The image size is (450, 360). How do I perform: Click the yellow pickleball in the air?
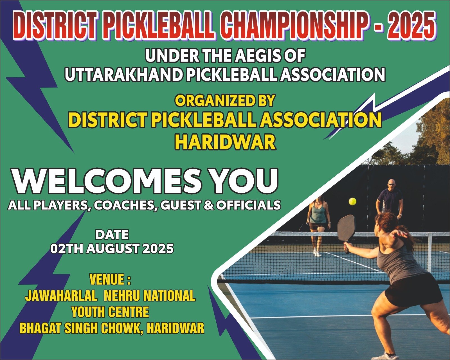pyautogui.click(x=352, y=202)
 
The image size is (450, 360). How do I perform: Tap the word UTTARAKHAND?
pyautogui.click(x=124, y=75)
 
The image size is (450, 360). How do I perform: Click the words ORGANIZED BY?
pyautogui.click(x=225, y=101)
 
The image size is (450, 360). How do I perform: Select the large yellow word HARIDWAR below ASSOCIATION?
pyautogui.click(x=225, y=142)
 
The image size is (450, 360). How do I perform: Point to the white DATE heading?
pyautogui.click(x=112, y=235)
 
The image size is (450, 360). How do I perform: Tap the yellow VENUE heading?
pyautogui.click(x=110, y=280)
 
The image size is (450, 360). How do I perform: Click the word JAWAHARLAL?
pyautogui.click(x=61, y=296)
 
